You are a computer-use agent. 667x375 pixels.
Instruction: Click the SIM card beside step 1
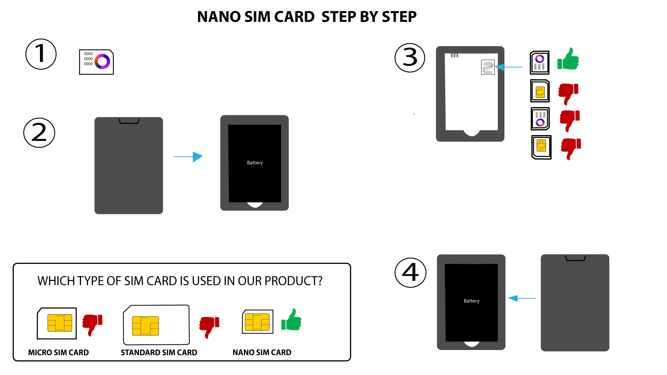pyautogui.click(x=97, y=62)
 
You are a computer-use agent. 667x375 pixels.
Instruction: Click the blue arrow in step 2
pyautogui.click(x=188, y=157)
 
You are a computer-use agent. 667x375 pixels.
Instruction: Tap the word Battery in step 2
pyautogui.click(x=255, y=163)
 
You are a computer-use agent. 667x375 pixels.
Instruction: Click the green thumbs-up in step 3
pyautogui.click(x=568, y=59)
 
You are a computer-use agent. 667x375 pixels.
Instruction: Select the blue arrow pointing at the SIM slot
pyautogui.click(x=508, y=67)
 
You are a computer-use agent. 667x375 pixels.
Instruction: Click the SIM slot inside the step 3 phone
pyautogui.click(x=488, y=67)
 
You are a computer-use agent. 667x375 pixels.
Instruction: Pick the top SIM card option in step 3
pyautogui.click(x=540, y=62)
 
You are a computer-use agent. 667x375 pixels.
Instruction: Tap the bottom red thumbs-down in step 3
pyautogui.click(x=571, y=149)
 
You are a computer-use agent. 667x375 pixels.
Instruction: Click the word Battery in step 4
pyautogui.click(x=471, y=301)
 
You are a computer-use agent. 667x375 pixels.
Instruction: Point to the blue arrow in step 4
pyautogui.click(x=522, y=298)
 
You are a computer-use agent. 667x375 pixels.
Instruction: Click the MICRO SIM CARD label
pyautogui.click(x=58, y=352)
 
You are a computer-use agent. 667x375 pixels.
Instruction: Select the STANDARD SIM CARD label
pyautogui.click(x=159, y=352)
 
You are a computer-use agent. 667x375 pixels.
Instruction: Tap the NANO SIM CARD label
pyautogui.click(x=262, y=352)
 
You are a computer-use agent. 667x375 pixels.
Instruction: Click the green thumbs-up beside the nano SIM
pyautogui.click(x=291, y=319)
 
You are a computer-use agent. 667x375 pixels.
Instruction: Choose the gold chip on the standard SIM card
pyautogui.click(x=145, y=326)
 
